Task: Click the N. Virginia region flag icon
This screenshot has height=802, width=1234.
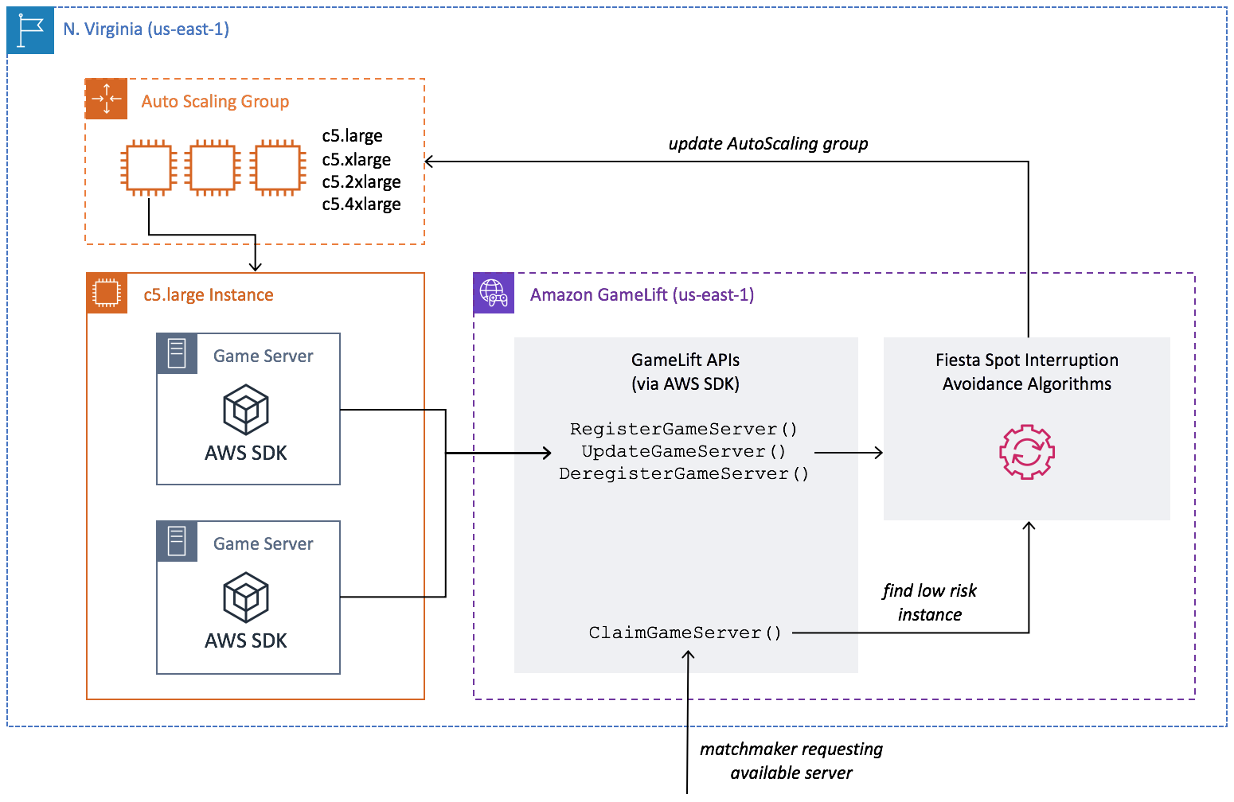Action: (x=30, y=31)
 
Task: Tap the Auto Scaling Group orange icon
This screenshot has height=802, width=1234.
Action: (x=106, y=99)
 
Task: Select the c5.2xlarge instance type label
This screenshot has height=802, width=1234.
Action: (x=361, y=182)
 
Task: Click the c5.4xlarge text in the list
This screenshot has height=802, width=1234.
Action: (x=361, y=204)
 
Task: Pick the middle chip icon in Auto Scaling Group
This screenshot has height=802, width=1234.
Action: (x=213, y=168)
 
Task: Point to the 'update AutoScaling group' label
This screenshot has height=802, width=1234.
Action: (x=767, y=144)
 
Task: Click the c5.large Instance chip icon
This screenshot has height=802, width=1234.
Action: (x=107, y=293)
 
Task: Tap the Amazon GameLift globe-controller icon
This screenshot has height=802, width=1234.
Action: (x=494, y=293)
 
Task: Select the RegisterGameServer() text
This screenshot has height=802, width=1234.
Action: (x=683, y=430)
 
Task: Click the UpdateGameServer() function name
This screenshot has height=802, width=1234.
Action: (x=683, y=452)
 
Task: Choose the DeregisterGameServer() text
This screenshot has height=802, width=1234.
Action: (x=683, y=474)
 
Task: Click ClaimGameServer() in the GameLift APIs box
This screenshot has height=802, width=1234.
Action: (x=685, y=633)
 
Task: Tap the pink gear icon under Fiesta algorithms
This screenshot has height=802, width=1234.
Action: (x=1027, y=452)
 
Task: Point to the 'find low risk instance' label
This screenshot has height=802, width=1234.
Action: (x=929, y=602)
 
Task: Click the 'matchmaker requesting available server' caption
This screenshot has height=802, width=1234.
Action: (x=791, y=761)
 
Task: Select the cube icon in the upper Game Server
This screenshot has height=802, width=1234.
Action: (x=246, y=409)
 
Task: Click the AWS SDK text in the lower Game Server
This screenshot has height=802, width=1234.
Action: (x=246, y=640)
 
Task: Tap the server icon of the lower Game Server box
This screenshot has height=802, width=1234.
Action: (x=177, y=541)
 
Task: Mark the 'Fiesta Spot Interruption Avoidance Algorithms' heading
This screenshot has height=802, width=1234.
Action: (x=1026, y=372)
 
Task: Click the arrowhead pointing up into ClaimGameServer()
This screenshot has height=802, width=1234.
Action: (x=688, y=655)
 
